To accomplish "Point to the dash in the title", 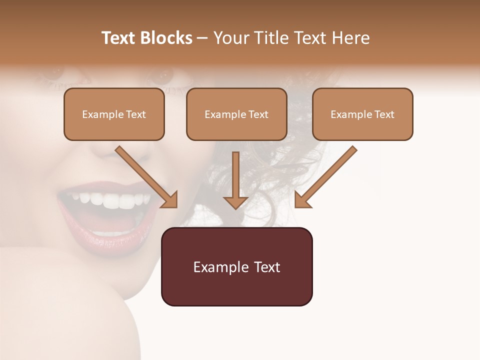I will (x=202, y=38).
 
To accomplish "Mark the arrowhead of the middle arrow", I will (x=235, y=202).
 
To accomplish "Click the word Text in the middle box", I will (x=258, y=114).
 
